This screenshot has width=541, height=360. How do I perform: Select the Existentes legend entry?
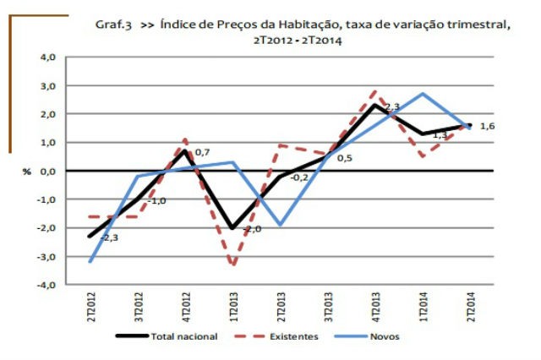point(295,336)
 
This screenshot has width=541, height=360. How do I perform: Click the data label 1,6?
point(488,127)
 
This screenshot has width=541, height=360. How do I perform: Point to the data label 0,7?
point(203,153)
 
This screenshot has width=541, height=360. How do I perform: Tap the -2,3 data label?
point(108,238)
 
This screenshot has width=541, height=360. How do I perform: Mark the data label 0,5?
point(345,158)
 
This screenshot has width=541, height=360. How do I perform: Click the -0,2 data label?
point(299,177)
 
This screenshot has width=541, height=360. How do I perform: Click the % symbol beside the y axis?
point(27,172)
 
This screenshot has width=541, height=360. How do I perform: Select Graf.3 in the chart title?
point(115,25)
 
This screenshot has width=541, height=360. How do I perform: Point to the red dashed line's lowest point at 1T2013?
point(232,265)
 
